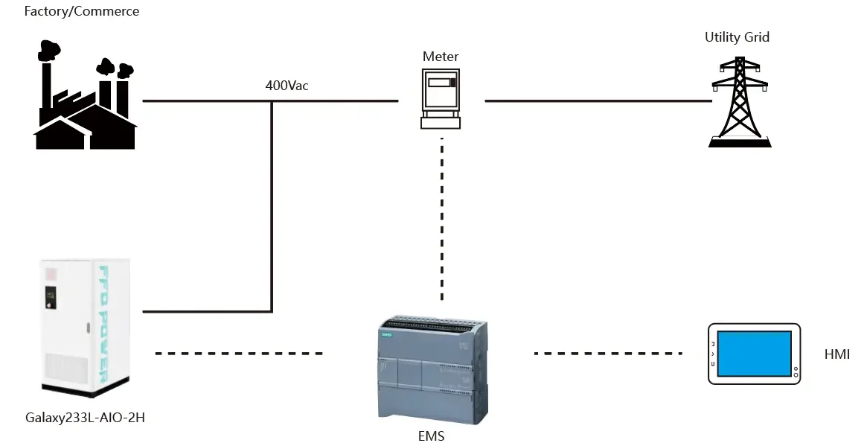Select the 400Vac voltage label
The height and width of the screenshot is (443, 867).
tap(287, 85)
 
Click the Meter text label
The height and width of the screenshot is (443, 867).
tap(441, 57)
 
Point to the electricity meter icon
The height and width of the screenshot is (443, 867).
tap(441, 99)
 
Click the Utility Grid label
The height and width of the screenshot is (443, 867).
tap(737, 37)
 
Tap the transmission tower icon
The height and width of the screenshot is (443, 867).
tap(738, 101)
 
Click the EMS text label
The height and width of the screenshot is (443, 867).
tap(432, 436)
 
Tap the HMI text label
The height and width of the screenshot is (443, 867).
tap(837, 354)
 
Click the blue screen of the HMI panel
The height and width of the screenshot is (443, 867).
tap(754, 353)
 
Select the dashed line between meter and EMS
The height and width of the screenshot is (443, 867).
tap(442, 220)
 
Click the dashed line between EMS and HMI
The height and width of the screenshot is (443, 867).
tap(608, 353)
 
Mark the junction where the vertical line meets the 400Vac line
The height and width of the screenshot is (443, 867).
tap(272, 101)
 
